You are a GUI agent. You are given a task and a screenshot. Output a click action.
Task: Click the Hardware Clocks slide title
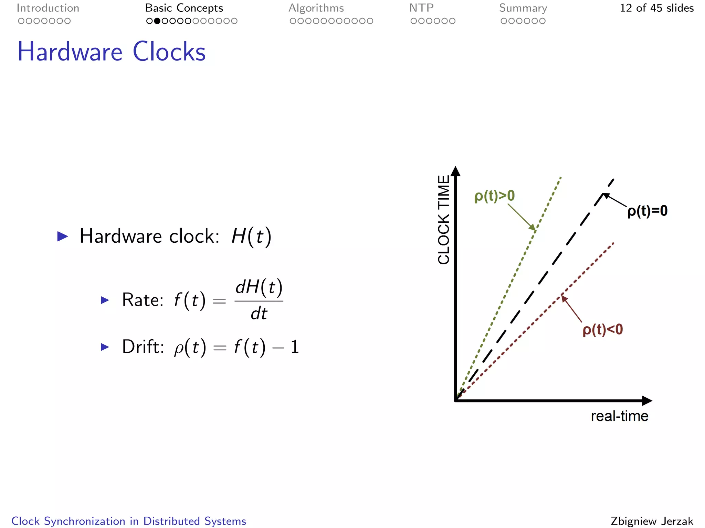pos(111,52)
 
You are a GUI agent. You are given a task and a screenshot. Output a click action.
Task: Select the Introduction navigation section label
pos(48,8)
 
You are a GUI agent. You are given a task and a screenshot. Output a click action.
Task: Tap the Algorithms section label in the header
pos(316,8)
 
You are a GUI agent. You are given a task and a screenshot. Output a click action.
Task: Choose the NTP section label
pos(421,8)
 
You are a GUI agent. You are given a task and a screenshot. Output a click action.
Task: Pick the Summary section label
pos(523,8)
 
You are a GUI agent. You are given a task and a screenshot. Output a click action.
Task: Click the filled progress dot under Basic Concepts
pos(157,21)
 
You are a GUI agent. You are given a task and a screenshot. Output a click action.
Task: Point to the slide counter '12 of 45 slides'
pos(656,8)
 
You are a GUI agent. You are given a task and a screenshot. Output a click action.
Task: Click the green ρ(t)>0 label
pos(494,196)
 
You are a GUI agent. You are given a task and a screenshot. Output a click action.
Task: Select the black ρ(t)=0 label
pos(647,211)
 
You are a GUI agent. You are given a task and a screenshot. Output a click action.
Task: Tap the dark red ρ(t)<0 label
pos(602,330)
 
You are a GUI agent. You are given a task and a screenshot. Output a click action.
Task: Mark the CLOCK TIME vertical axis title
pos(444,220)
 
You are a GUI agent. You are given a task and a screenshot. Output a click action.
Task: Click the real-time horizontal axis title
pos(619,416)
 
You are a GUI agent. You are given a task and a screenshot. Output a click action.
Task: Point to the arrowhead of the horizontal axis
pos(647,400)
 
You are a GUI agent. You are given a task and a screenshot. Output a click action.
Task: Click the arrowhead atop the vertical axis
pos(455,172)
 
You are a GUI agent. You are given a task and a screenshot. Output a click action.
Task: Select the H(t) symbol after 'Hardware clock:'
pos(251,236)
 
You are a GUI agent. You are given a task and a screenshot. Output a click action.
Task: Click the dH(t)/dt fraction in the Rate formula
pos(259,300)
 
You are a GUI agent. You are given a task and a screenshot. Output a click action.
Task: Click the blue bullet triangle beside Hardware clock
pos(62,236)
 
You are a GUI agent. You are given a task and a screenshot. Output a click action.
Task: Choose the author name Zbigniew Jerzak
pos(652,521)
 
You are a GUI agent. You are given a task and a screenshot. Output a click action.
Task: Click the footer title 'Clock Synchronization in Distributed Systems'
pos(129,521)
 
